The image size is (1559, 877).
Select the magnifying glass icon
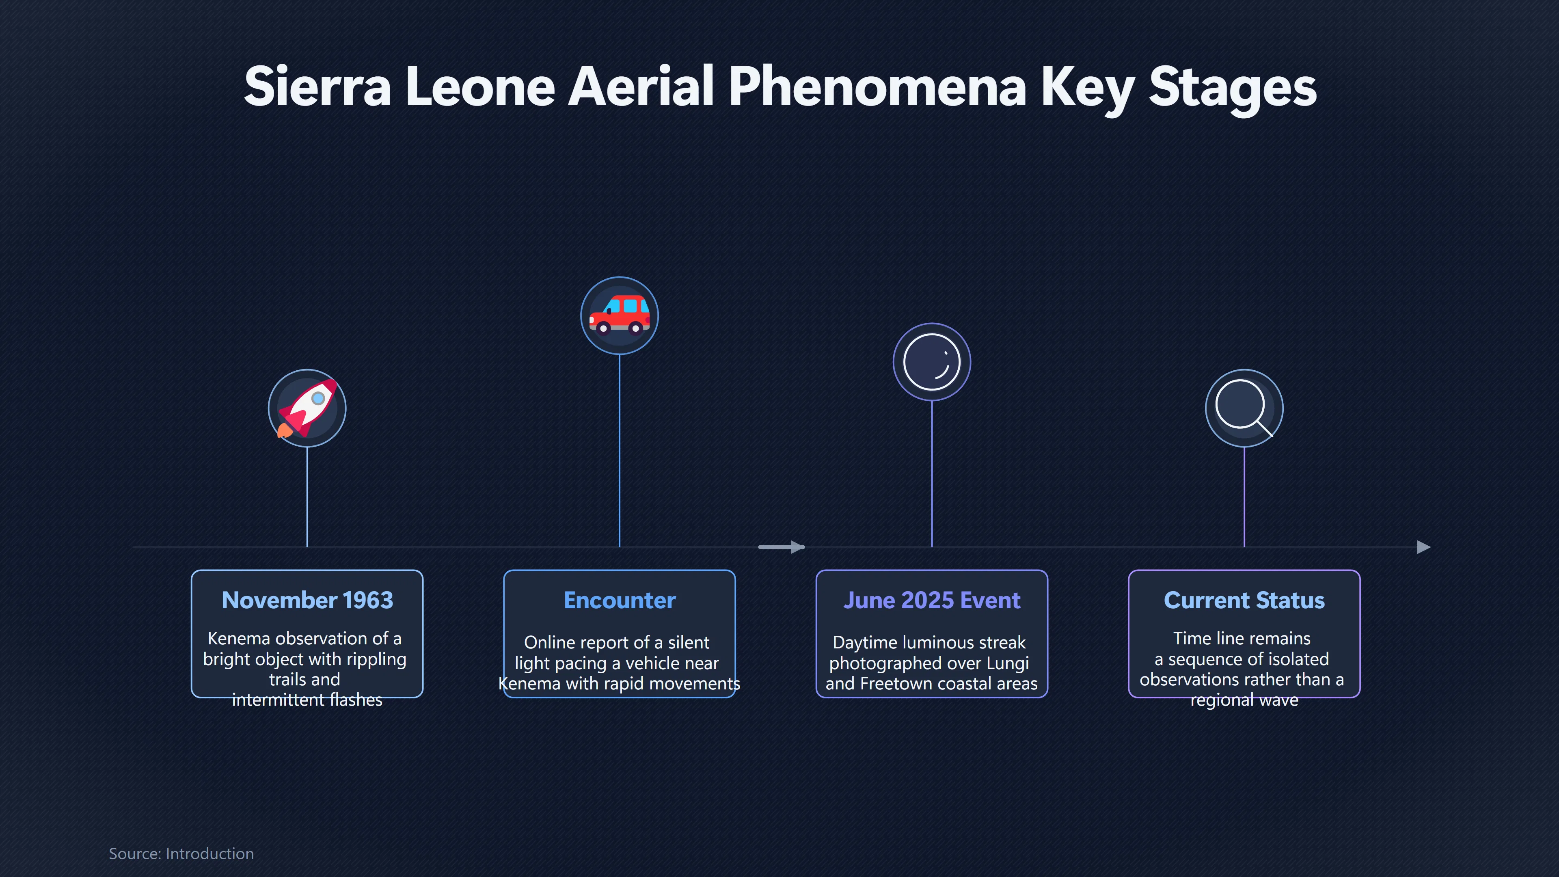pyautogui.click(x=1244, y=407)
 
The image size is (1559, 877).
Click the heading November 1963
pyautogui.click(x=307, y=600)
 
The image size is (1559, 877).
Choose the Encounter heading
pyautogui.click(x=620, y=600)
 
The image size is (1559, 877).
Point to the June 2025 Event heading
pyautogui.click(x=932, y=600)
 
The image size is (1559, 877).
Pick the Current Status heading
pyautogui.click(x=1244, y=600)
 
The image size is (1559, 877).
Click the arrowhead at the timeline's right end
pyautogui.click(x=1424, y=547)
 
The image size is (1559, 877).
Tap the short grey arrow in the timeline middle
pyautogui.click(x=781, y=547)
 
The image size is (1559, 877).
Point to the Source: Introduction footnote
pyautogui.click(x=181, y=853)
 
